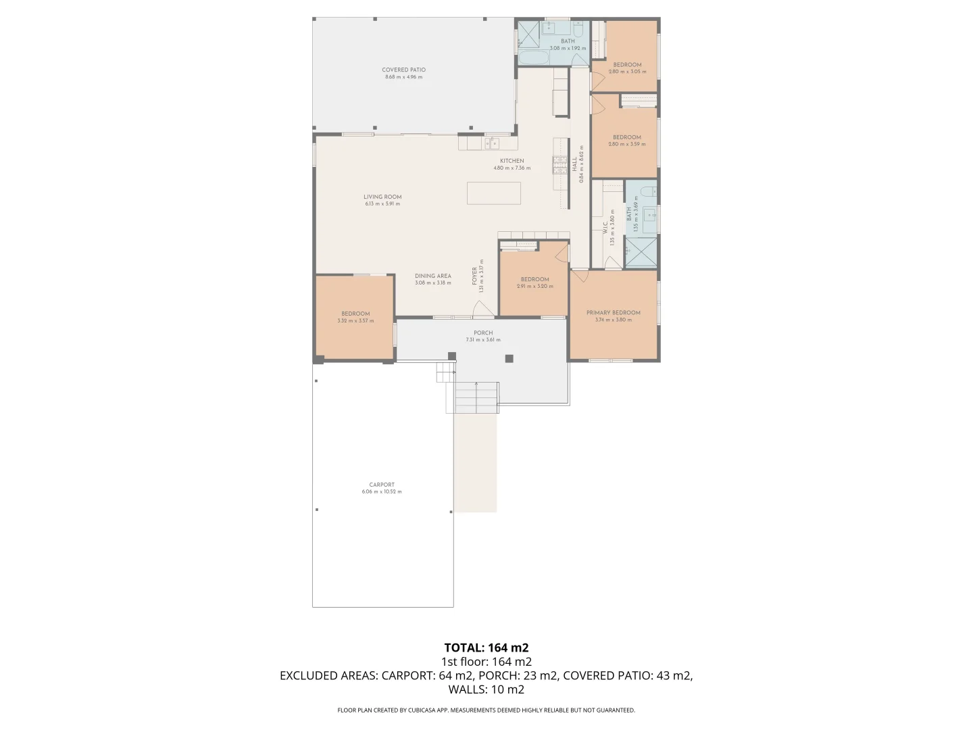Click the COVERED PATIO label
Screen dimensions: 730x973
click(x=403, y=70)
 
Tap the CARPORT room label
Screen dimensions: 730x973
click(x=382, y=485)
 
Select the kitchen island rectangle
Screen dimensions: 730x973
click(x=494, y=193)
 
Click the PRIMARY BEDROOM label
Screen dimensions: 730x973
click(x=614, y=312)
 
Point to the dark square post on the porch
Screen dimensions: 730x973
click(x=509, y=359)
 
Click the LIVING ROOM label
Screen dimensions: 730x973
click(x=382, y=197)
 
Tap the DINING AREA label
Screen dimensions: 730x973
click(x=433, y=276)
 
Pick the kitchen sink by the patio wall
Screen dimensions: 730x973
click(x=491, y=143)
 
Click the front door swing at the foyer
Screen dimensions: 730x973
click(x=482, y=310)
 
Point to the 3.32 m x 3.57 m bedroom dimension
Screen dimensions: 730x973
click(x=355, y=321)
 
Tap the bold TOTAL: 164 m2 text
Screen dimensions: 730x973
click(x=487, y=648)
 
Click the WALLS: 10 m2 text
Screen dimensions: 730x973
click(x=487, y=689)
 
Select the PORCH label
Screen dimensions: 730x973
click(x=483, y=333)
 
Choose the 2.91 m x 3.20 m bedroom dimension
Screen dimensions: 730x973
click(x=535, y=287)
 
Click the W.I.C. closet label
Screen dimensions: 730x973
click(x=605, y=228)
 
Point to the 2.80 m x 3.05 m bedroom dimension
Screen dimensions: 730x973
click(x=627, y=72)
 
